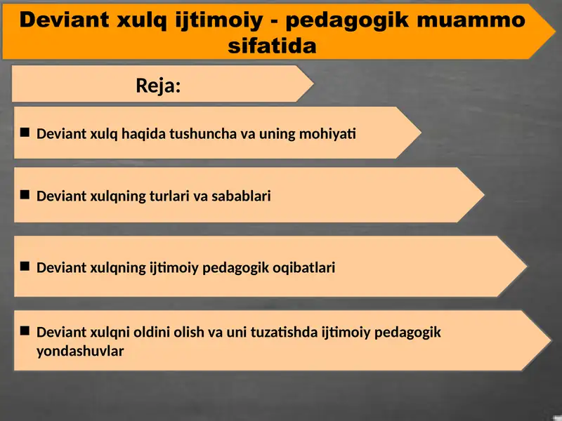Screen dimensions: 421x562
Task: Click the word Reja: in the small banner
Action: point(158,86)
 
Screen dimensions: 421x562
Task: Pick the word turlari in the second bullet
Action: point(165,196)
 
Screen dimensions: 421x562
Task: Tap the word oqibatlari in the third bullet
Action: point(303,267)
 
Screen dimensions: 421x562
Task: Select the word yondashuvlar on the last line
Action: point(80,352)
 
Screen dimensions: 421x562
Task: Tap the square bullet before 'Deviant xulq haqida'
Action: point(25,131)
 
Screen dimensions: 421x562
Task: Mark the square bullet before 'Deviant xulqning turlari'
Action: point(25,194)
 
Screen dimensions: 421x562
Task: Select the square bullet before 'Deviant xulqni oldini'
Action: point(25,330)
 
